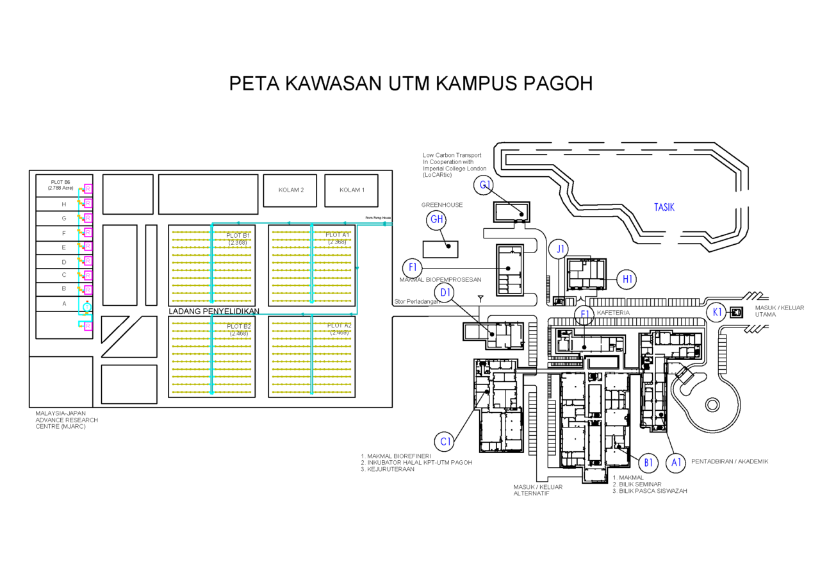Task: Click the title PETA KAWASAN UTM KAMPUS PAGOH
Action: tap(411, 84)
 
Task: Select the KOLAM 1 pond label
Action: tap(352, 190)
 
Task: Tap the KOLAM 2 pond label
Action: tap(291, 190)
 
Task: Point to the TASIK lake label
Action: tap(664, 207)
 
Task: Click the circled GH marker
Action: tap(437, 220)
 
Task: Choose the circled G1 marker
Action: tap(485, 186)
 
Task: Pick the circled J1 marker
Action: tap(561, 249)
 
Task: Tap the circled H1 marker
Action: tap(627, 279)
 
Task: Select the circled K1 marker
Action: tap(717, 312)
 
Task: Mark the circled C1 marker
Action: tap(446, 442)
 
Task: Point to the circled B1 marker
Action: tap(648, 462)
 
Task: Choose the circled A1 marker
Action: tap(675, 462)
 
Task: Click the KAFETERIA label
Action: tap(613, 313)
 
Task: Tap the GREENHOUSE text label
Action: tap(441, 205)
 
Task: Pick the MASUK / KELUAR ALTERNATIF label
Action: tap(537, 490)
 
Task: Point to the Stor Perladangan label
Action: tap(416, 301)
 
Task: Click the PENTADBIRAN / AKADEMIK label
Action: tap(730, 461)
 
